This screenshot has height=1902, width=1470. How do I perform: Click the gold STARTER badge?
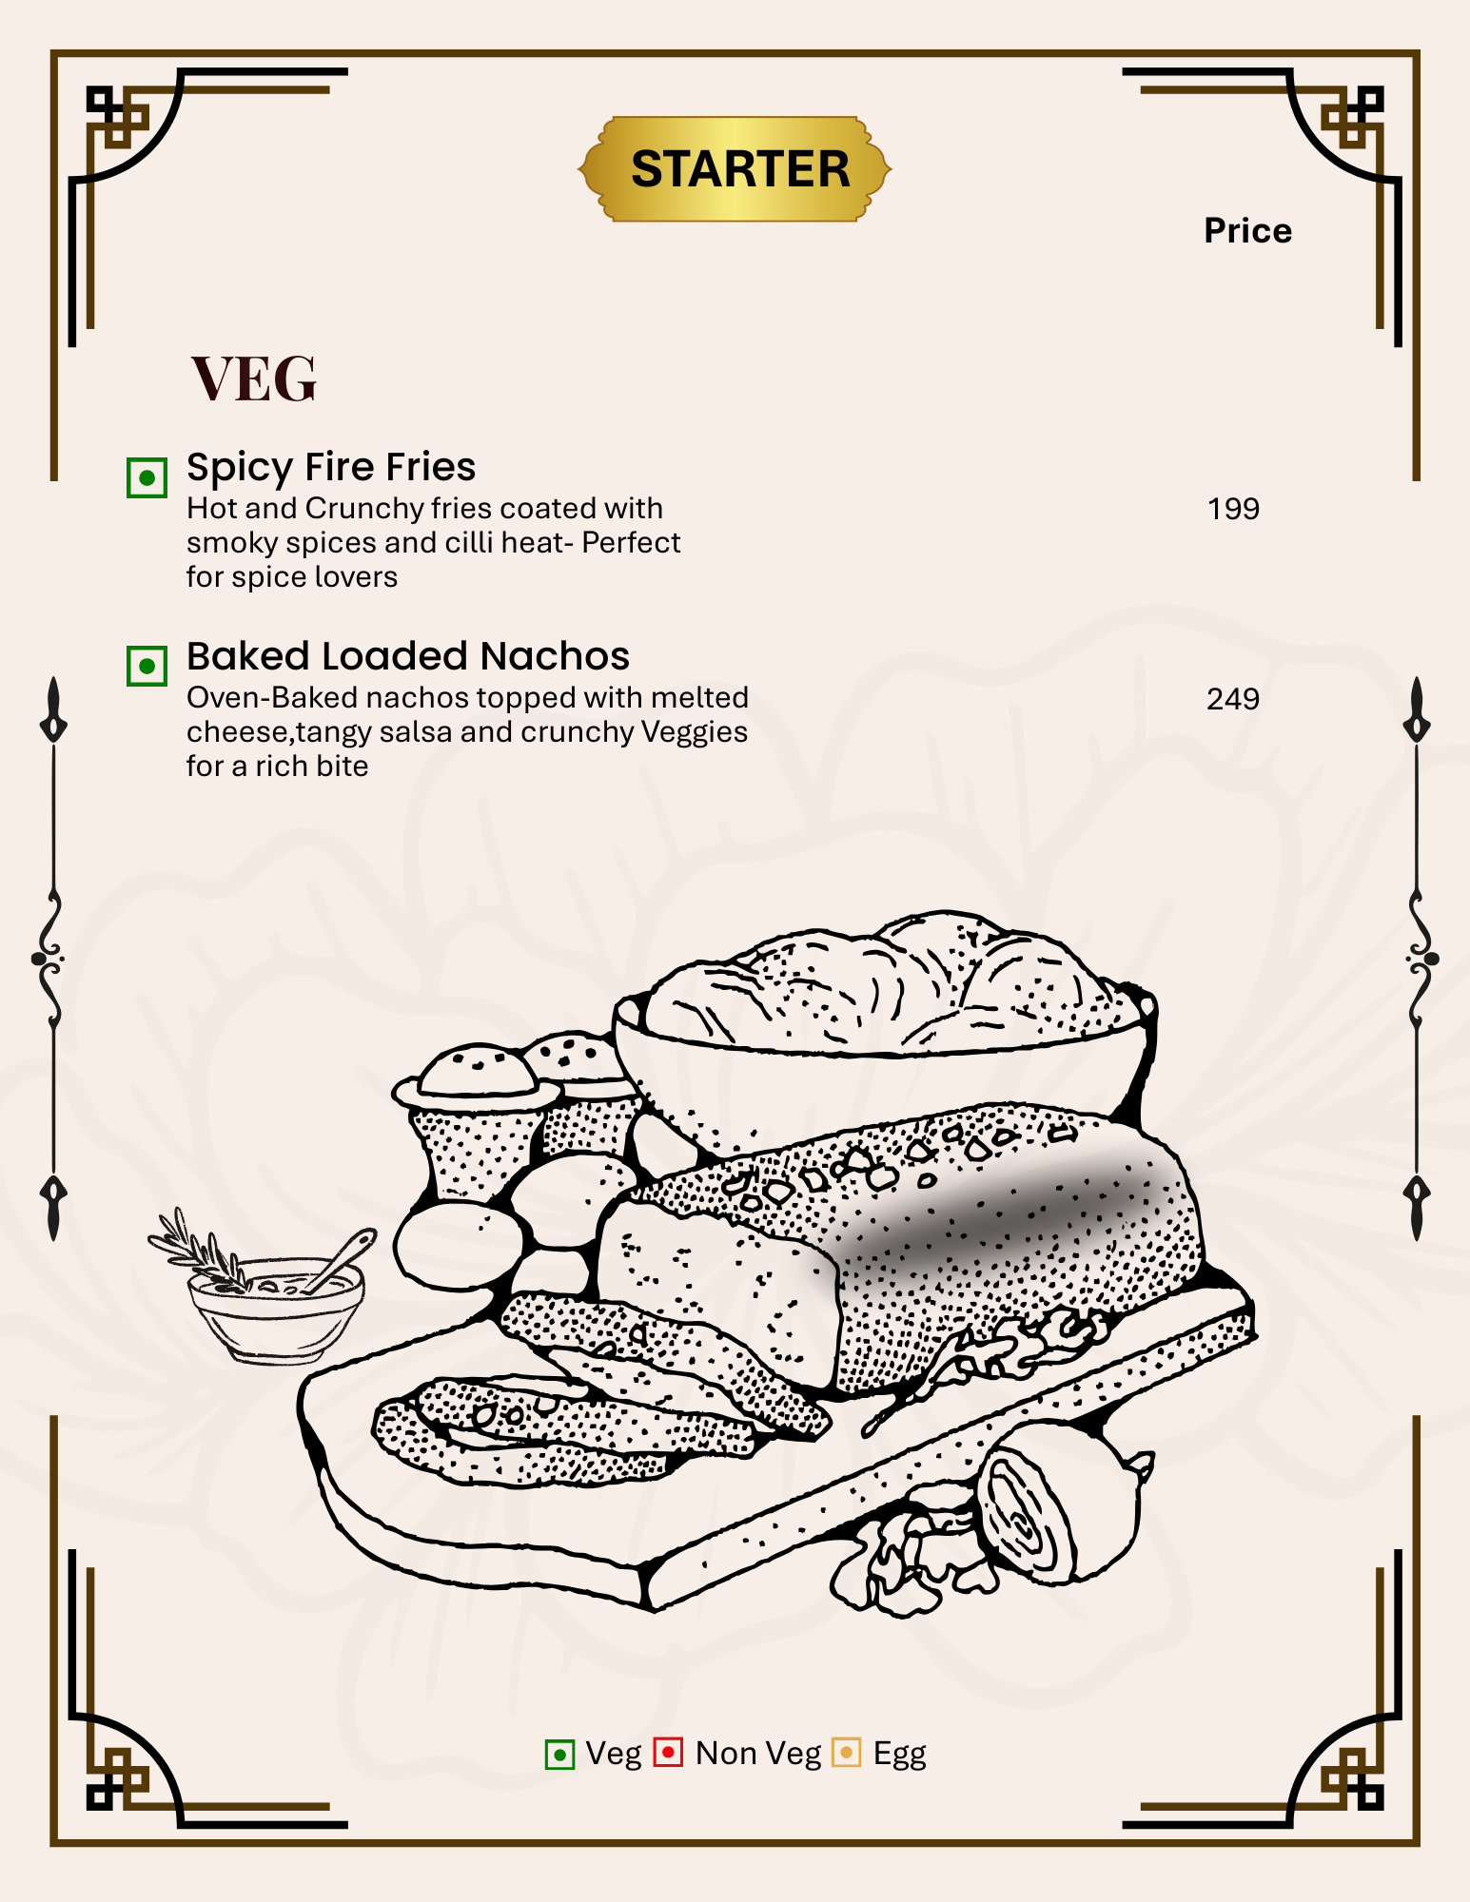[x=735, y=169]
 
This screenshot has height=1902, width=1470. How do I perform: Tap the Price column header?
[x=1247, y=231]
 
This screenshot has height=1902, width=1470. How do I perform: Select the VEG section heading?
[x=254, y=378]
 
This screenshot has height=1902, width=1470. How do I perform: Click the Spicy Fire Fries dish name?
[x=331, y=467]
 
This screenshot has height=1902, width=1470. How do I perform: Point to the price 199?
[x=1233, y=509]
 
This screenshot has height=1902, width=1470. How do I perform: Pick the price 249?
[x=1233, y=699]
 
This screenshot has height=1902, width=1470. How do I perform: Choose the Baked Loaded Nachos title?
[x=408, y=656]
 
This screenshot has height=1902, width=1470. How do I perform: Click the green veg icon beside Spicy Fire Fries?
[x=147, y=477]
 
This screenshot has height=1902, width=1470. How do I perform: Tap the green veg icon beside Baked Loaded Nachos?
[x=147, y=666]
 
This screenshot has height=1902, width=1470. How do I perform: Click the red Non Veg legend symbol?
[x=668, y=1752]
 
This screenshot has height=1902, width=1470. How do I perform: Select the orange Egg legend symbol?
[x=846, y=1753]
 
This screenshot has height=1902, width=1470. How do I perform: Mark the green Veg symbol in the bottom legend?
[x=559, y=1754]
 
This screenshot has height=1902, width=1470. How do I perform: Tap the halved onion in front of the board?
[x=1061, y=1503]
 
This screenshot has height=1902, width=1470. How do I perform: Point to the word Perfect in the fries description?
[x=631, y=542]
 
